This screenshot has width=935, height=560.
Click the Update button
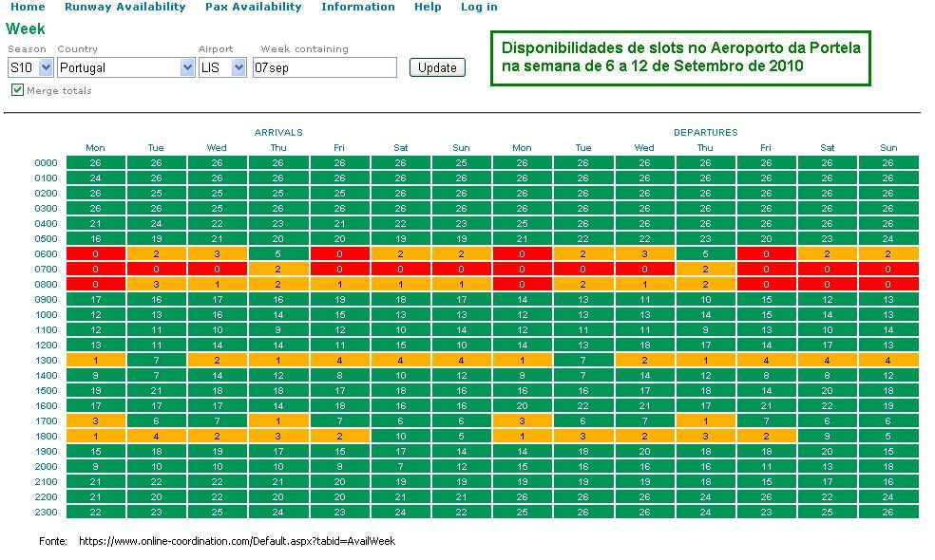[x=437, y=67]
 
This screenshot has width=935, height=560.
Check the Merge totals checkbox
[x=17, y=90]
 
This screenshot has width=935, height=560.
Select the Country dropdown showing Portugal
[x=125, y=67]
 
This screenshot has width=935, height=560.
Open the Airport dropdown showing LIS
[x=222, y=67]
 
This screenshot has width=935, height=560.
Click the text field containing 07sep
[x=324, y=67]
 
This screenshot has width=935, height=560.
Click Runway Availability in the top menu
[x=125, y=7]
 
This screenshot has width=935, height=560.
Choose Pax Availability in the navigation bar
[x=253, y=7]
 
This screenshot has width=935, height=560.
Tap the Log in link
[x=479, y=7]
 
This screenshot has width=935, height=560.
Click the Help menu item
[x=428, y=7]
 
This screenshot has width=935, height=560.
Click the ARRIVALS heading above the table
[x=278, y=133]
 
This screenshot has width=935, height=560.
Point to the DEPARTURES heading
[x=705, y=133]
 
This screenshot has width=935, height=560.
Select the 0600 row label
[x=47, y=253]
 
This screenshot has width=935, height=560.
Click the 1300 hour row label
[x=47, y=360]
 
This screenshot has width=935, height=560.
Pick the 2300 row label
[x=47, y=512]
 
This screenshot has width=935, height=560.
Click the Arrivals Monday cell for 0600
[x=95, y=253]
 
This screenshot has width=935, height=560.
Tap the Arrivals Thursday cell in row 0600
[x=278, y=253]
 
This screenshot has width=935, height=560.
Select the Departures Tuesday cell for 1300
[x=583, y=360]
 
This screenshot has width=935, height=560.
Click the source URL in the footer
[x=237, y=541]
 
